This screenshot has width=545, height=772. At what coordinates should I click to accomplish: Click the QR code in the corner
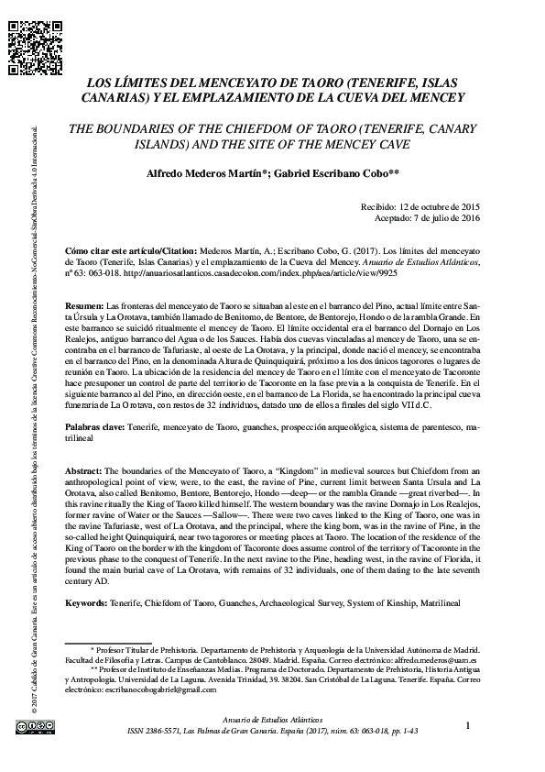(x=26, y=40)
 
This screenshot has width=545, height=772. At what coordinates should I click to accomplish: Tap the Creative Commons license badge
(x=27, y=727)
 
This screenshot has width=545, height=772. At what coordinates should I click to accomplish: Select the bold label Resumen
(x=85, y=303)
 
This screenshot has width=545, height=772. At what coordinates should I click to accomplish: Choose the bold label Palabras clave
(x=99, y=428)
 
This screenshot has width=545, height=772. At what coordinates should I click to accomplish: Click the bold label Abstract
(x=85, y=469)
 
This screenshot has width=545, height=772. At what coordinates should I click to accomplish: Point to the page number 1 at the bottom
(x=468, y=725)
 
